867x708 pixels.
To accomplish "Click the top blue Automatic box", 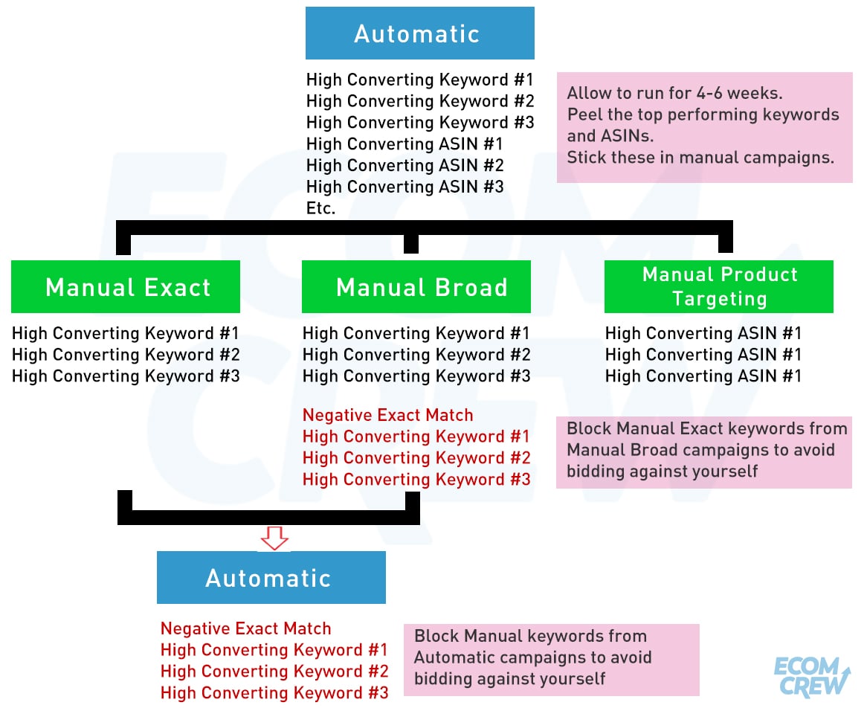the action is click(419, 33).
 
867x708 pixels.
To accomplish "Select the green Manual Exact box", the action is click(126, 286).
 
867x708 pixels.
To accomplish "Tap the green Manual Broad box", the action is click(416, 286).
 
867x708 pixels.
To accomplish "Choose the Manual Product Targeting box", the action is click(719, 286).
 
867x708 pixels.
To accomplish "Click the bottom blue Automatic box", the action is click(271, 577).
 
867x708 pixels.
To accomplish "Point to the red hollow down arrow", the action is click(274, 538).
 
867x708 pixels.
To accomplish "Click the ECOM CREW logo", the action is click(812, 676).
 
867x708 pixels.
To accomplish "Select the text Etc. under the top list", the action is click(320, 208).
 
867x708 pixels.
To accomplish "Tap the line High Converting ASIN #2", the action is click(405, 165).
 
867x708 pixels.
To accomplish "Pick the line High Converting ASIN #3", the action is click(405, 187).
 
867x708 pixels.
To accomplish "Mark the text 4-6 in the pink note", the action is click(709, 93).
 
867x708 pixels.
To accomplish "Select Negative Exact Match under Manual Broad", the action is click(387, 415).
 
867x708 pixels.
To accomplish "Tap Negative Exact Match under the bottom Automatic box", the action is click(245, 628).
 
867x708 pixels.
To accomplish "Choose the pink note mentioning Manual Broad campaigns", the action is click(704, 452).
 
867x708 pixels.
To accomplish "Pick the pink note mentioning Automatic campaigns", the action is click(551, 660).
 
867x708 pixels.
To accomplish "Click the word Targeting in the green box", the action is click(719, 299).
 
